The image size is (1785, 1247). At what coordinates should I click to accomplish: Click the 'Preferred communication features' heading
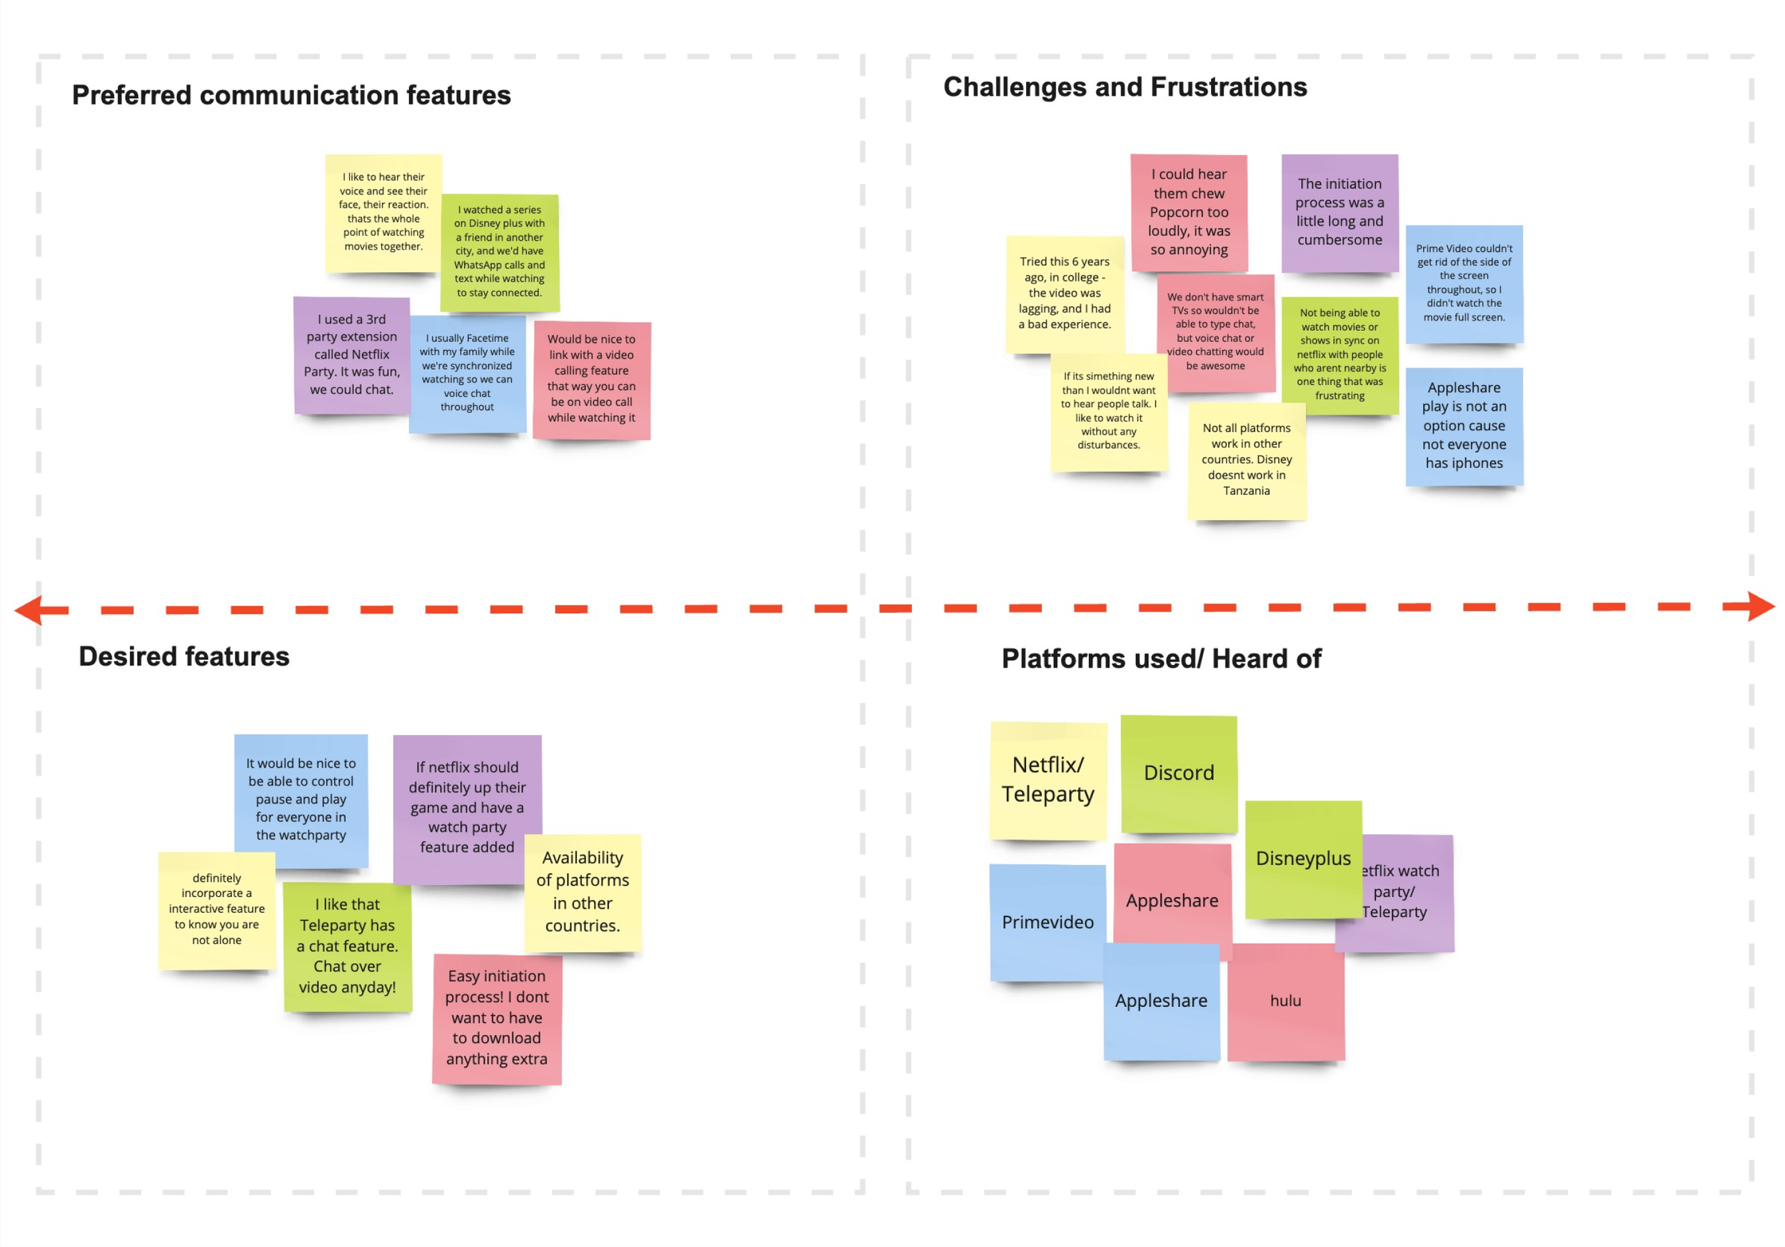click(291, 95)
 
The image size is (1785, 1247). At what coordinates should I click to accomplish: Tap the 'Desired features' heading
click(183, 656)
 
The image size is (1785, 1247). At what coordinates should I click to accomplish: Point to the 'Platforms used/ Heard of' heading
click(1161, 658)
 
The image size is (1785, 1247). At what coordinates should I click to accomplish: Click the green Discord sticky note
click(1178, 773)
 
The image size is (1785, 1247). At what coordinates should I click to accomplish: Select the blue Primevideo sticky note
click(1047, 922)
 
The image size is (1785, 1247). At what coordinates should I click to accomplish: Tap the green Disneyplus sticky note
click(1303, 858)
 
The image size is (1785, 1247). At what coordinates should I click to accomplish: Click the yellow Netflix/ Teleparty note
click(1047, 779)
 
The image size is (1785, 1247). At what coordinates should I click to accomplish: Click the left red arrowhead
click(29, 609)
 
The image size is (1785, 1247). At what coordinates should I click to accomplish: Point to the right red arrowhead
click(1760, 606)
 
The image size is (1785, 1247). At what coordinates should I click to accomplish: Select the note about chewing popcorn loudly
click(1189, 211)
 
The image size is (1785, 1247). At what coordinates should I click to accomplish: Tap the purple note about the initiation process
click(1339, 211)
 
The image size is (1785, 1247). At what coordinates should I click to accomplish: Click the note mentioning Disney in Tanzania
click(1245, 459)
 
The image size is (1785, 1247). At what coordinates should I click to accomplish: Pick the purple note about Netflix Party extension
click(351, 354)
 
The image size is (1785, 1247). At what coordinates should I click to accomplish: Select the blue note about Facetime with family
click(466, 372)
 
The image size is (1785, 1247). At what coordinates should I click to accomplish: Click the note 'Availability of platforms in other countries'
click(583, 892)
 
